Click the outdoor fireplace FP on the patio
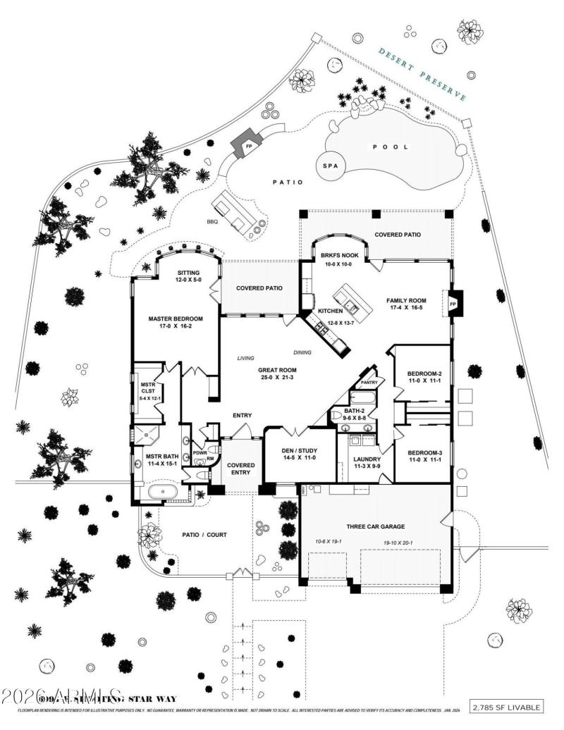pyautogui.click(x=248, y=147)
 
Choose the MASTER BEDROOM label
pyautogui.click(x=176, y=318)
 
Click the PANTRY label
pyautogui.click(x=369, y=383)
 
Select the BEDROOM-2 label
pyautogui.click(x=424, y=373)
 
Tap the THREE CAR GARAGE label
pyautogui.click(x=374, y=526)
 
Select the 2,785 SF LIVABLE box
pyautogui.click(x=507, y=707)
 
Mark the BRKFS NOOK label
pyautogui.click(x=336, y=255)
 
